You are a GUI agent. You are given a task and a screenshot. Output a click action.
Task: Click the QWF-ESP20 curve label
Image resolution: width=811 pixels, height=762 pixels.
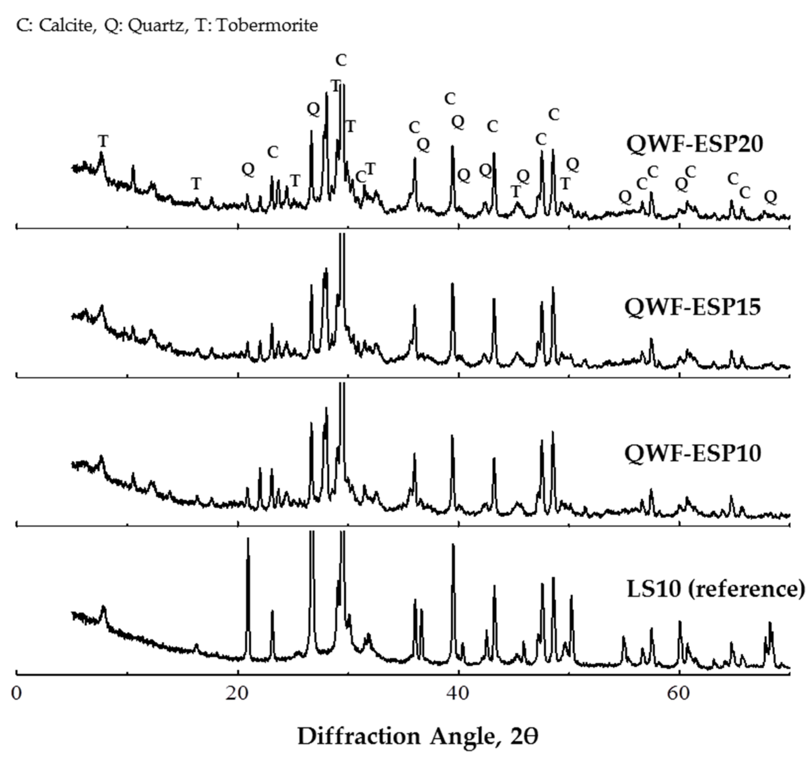[x=694, y=144]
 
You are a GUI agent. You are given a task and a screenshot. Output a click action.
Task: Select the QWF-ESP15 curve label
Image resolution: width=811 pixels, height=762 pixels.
[x=693, y=307]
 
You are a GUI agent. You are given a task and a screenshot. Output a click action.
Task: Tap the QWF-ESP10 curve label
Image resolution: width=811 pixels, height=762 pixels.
[x=693, y=453]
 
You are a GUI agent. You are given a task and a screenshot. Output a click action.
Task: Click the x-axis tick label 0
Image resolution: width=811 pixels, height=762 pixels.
[x=16, y=694]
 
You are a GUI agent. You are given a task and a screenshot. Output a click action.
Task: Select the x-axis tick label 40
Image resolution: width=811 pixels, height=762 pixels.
[x=458, y=694]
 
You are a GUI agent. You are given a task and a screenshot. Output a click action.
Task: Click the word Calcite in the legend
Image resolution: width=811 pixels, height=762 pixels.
[x=65, y=26]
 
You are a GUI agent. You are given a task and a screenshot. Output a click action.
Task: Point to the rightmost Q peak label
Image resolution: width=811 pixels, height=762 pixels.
[x=770, y=197]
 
